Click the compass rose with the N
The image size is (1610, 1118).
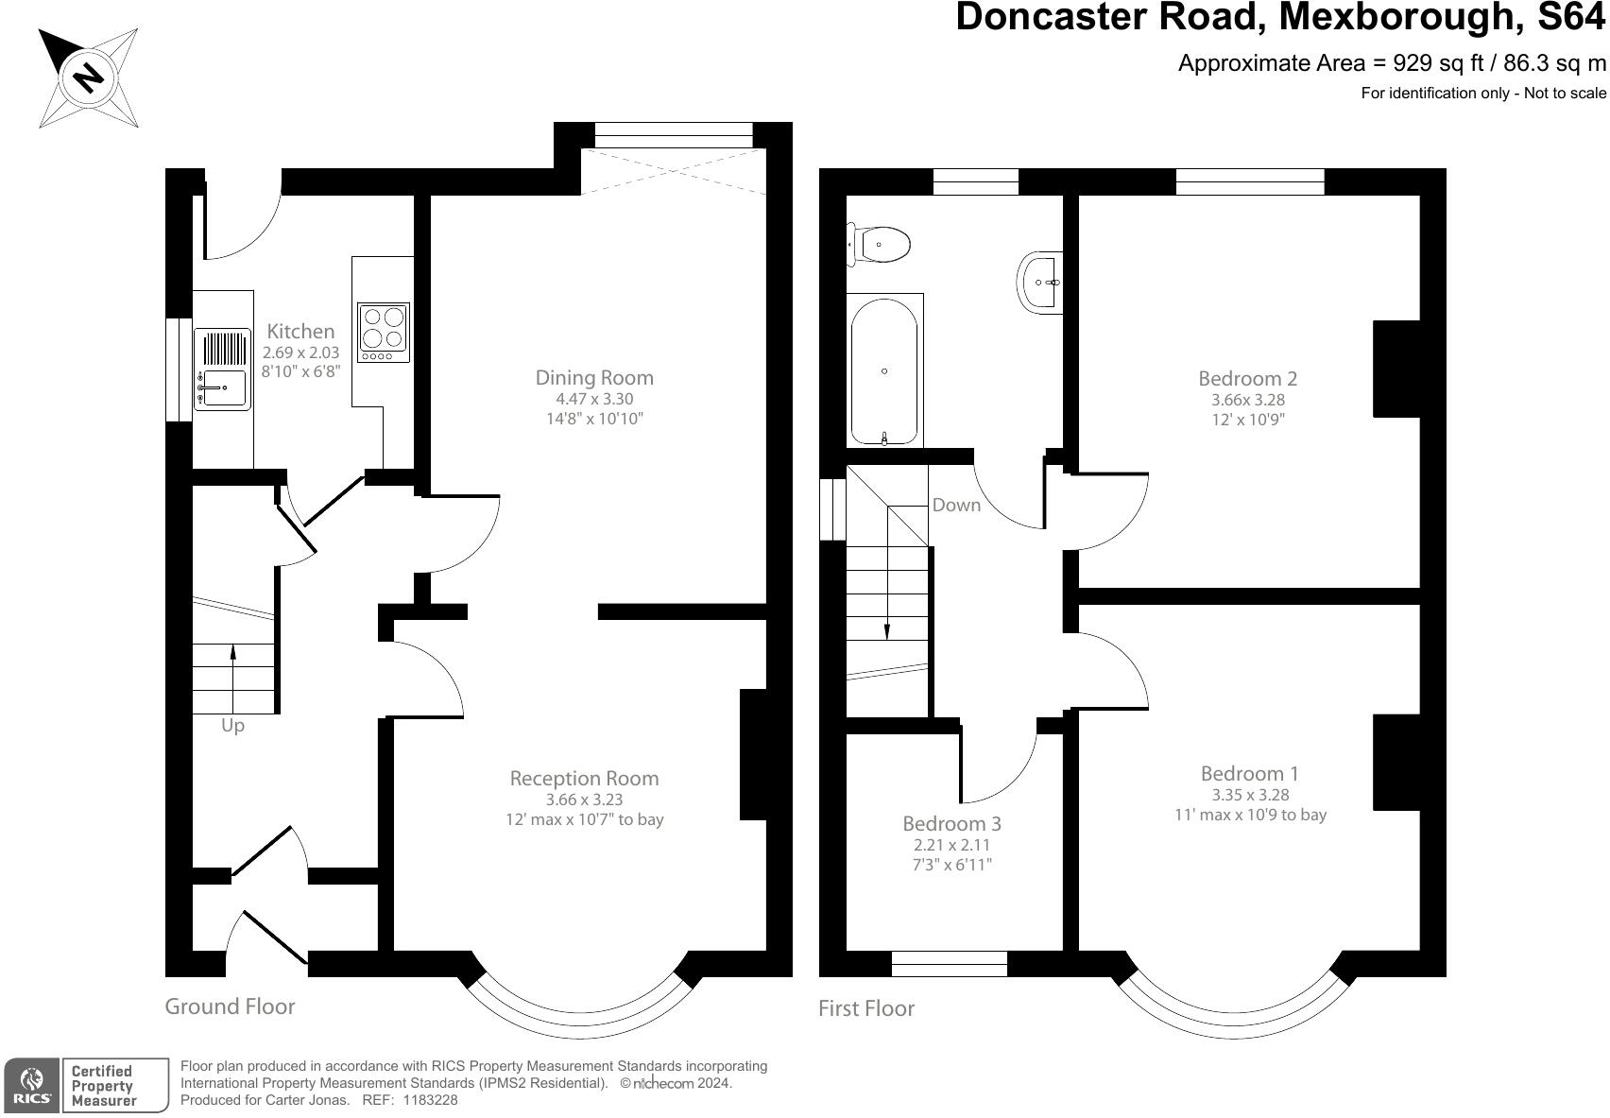point(89,77)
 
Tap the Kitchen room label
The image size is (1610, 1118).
point(300,332)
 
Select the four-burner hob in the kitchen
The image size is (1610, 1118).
point(384,332)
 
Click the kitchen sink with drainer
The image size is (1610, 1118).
point(223,370)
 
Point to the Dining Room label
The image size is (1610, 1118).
point(594,377)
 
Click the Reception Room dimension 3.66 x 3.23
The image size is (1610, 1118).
point(584,799)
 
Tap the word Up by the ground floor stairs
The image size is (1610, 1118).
point(232,726)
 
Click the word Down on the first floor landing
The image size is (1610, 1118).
point(956,505)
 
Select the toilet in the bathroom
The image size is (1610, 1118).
point(879,245)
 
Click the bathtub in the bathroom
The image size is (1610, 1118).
point(884,371)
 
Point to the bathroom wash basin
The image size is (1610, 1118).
point(1040,283)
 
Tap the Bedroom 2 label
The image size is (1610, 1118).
point(1248,378)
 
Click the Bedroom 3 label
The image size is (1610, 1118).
point(951,823)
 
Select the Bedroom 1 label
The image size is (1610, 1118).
point(1250,774)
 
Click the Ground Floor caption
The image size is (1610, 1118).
point(230,1006)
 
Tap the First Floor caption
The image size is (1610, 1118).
point(866,1008)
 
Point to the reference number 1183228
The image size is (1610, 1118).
point(430,1100)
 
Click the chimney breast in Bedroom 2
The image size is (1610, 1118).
point(1396,369)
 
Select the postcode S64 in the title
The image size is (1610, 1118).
point(1571,17)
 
